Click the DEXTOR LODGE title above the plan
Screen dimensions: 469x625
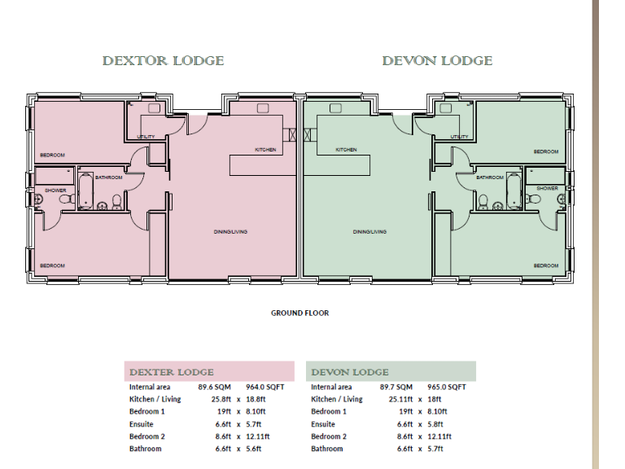163,61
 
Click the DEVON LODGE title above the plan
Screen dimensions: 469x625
437,61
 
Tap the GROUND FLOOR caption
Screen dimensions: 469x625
299,313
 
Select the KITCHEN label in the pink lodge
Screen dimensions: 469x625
265,150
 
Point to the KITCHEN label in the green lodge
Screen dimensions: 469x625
346,150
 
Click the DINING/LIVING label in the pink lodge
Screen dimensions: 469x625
232,232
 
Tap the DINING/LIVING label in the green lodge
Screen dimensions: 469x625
369,232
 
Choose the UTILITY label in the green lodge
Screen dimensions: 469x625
459,137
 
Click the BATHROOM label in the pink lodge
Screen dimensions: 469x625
108,178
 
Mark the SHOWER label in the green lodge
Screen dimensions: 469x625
547,188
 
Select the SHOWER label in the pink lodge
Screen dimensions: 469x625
55,190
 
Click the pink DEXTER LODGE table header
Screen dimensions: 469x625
172,372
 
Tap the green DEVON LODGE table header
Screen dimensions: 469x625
349,372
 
